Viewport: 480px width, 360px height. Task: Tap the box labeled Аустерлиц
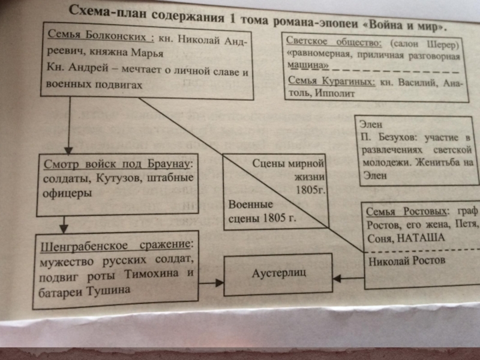278,273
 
